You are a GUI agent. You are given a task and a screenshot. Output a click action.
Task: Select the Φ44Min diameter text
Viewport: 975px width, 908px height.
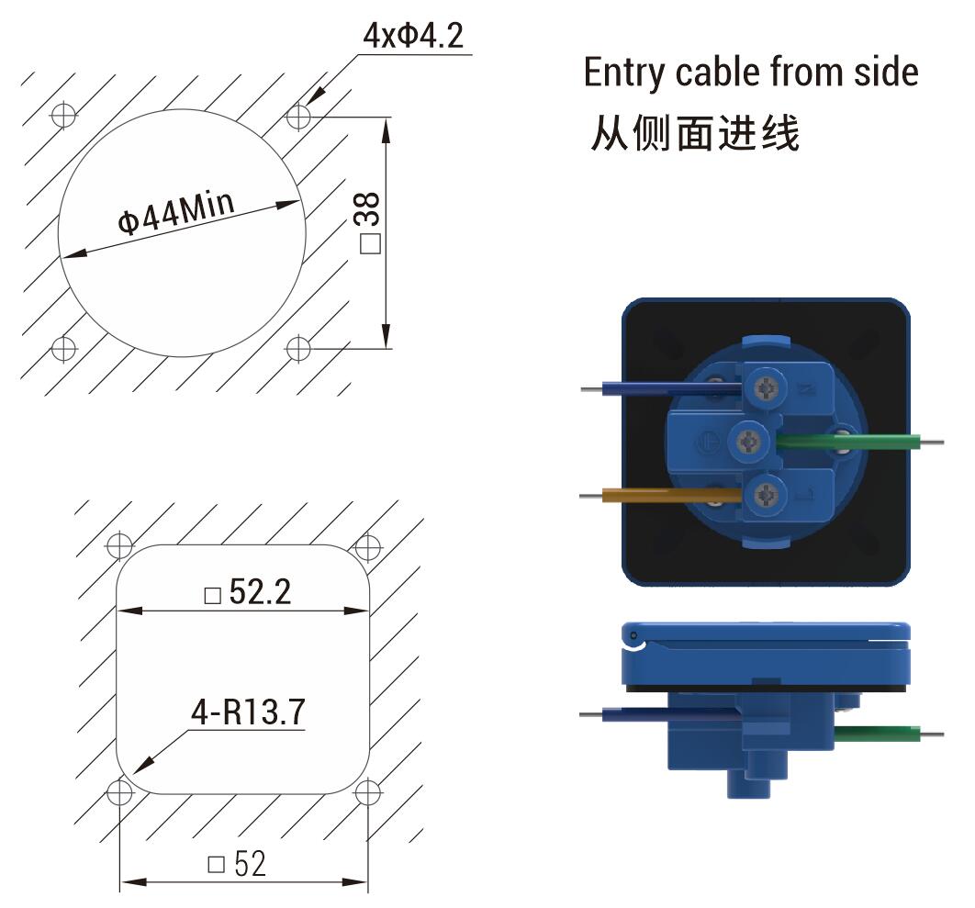(176, 215)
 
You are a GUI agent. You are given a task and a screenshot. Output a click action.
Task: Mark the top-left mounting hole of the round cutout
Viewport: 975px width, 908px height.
(63, 116)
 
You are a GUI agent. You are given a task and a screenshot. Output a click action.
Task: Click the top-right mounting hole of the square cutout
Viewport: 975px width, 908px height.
(367, 547)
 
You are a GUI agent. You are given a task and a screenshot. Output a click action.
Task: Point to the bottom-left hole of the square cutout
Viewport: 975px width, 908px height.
(119, 791)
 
